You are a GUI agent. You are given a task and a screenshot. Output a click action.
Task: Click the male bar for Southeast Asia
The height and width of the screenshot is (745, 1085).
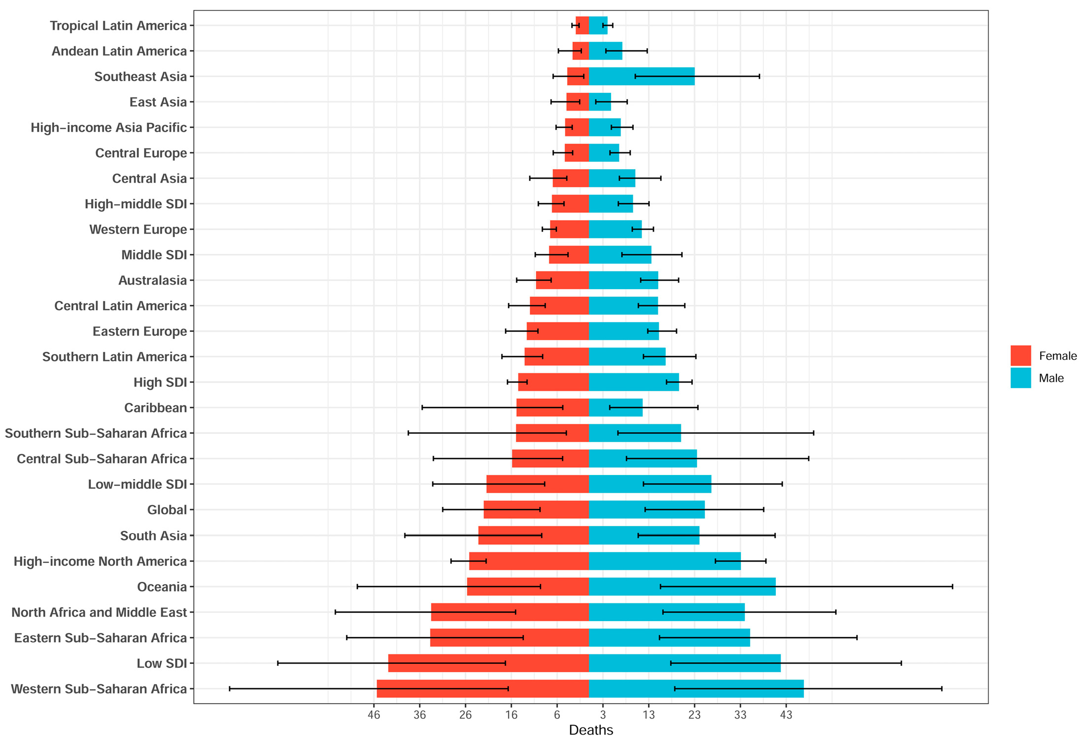(x=641, y=76)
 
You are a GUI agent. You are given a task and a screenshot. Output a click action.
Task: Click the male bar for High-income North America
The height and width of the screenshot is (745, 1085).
(x=664, y=561)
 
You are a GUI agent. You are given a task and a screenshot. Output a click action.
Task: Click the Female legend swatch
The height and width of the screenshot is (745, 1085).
(x=1021, y=356)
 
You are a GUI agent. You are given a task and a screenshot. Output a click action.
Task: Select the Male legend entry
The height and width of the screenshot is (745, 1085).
(x=1051, y=378)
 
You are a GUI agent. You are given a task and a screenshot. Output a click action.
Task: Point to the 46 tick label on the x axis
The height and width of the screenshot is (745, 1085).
(x=374, y=715)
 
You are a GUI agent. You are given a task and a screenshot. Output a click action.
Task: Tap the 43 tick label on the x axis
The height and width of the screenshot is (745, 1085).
(x=786, y=715)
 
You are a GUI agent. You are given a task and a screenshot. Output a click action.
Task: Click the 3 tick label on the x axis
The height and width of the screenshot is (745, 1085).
(x=603, y=715)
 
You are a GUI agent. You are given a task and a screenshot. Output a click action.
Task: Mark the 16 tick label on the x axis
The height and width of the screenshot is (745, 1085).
(x=511, y=715)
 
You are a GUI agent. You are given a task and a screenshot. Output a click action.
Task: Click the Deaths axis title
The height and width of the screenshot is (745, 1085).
(x=591, y=730)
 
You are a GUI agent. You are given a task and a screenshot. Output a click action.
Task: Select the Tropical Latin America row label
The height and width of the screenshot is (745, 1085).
(x=118, y=26)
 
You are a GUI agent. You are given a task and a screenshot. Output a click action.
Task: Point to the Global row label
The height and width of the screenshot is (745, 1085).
(x=167, y=510)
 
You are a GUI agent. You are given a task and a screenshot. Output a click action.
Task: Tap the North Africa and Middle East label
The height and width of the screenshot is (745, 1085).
(x=99, y=612)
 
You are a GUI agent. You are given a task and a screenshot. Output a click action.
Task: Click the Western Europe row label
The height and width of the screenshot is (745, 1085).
(x=138, y=230)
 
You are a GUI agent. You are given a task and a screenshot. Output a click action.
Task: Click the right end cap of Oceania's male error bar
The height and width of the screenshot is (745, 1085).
(x=952, y=587)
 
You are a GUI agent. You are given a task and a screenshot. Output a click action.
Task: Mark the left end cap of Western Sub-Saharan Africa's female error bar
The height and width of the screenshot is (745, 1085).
(x=230, y=688)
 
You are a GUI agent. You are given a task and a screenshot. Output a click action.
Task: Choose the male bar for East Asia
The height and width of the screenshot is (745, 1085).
(x=600, y=102)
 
